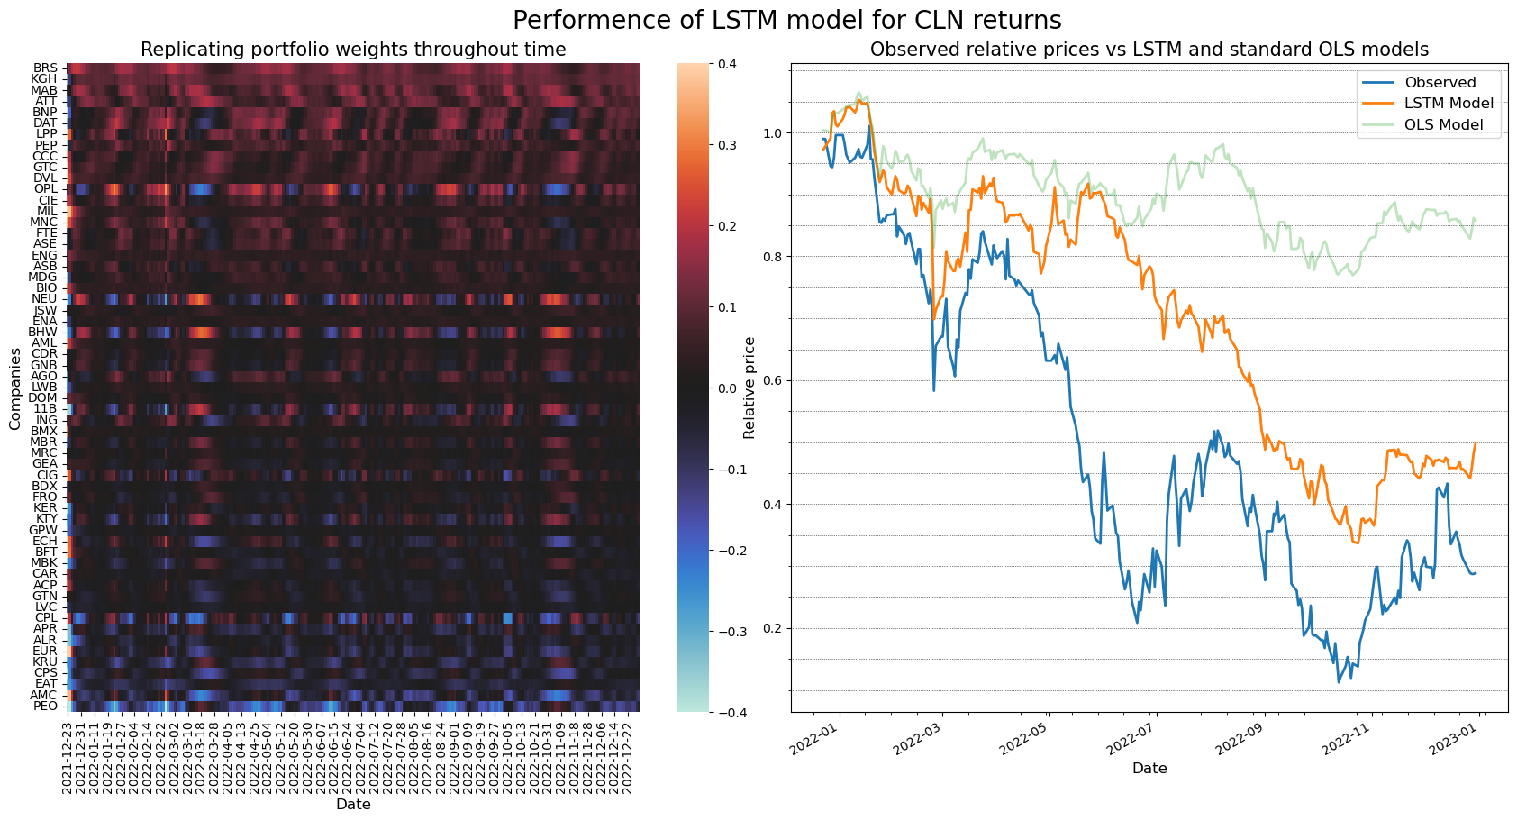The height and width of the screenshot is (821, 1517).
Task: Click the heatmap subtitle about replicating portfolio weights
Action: click(x=353, y=50)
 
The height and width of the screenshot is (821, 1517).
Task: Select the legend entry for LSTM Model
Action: click(x=1449, y=104)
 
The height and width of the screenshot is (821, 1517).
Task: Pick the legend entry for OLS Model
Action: click(x=1443, y=124)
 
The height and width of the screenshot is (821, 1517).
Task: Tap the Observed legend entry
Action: click(x=1440, y=83)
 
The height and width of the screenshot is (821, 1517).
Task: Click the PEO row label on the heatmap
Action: click(x=45, y=706)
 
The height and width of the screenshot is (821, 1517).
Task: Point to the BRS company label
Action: click(x=45, y=68)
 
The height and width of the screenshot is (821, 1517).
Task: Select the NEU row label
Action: click(x=44, y=299)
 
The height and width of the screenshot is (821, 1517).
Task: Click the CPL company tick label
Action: click(x=45, y=618)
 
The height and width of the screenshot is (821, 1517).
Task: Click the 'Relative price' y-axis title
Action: click(x=749, y=388)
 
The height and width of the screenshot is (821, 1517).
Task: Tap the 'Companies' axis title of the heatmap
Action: click(x=14, y=388)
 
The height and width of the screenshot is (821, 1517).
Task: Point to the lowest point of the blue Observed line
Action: click(x=1339, y=682)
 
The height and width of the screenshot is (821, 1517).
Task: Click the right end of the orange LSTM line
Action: click(x=1476, y=443)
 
